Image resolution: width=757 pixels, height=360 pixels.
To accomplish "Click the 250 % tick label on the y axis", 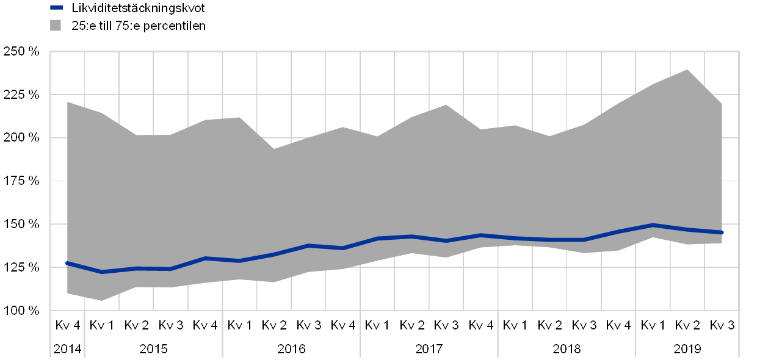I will tap(22, 52).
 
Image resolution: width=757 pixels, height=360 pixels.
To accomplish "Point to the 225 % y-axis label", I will tap(22, 95).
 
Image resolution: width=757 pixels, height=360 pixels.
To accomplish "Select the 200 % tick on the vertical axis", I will tap(22, 138).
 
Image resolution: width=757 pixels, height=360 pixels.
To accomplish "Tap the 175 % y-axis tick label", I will tap(22, 181).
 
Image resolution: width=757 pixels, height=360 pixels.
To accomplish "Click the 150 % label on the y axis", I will tap(22, 224).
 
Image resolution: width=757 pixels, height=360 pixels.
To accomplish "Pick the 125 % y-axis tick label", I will tap(22, 267).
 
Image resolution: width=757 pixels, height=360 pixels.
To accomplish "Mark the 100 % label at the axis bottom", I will tap(22, 311).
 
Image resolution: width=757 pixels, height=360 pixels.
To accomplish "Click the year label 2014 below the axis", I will tap(66, 349).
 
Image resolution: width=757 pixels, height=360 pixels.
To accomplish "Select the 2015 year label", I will tap(153, 349).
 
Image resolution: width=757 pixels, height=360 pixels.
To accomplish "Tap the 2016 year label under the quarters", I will tap(291, 349).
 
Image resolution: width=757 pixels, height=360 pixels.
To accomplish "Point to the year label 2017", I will tap(429, 349).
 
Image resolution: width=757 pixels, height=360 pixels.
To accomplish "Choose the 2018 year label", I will tap(567, 349).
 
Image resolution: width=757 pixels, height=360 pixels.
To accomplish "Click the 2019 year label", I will tap(688, 349).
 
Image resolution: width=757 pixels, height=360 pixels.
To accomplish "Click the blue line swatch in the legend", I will tap(56, 8).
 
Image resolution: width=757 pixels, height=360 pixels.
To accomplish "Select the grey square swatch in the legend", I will tap(56, 25).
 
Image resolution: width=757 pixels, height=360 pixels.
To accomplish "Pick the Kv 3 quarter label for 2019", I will tap(723, 325).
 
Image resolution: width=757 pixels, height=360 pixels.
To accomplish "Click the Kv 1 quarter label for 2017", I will tap(377, 325).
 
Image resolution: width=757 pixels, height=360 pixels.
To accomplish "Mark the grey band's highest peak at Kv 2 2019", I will tap(688, 70).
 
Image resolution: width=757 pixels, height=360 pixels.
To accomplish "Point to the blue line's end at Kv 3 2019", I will tap(722, 232).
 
